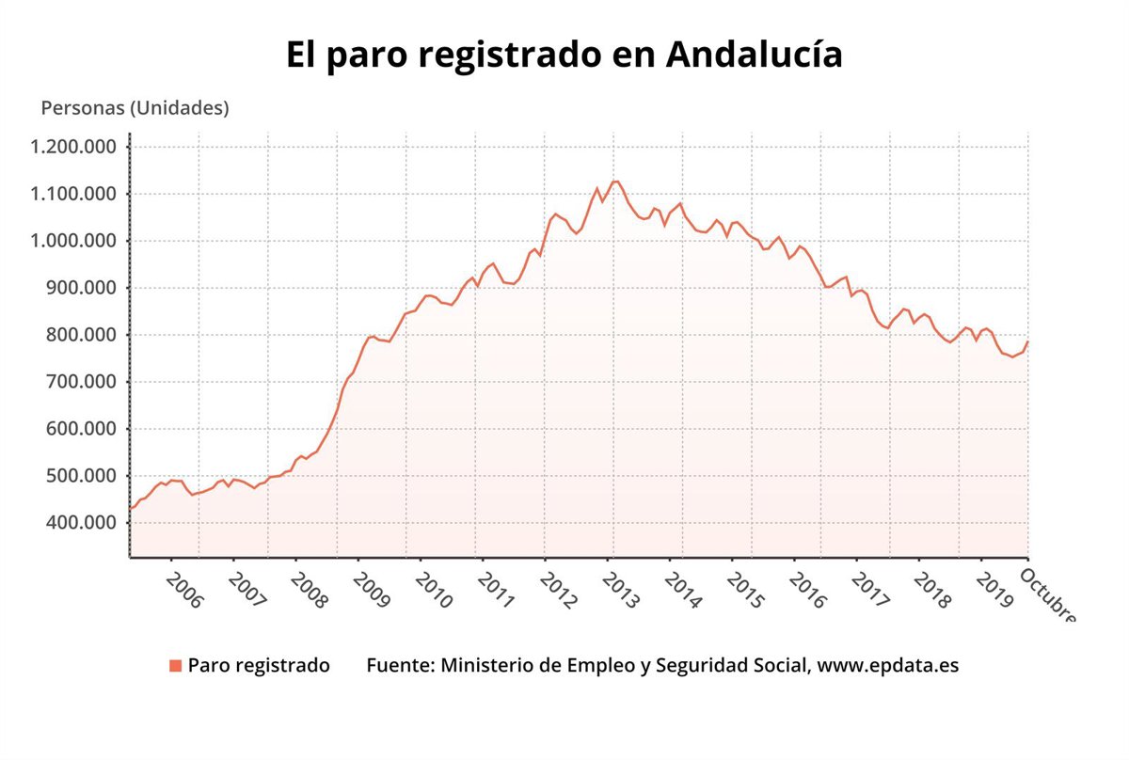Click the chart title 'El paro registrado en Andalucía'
(564, 55)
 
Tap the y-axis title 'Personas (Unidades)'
(135, 108)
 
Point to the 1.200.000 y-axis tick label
(73, 147)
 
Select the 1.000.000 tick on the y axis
(73, 241)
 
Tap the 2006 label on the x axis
(183, 589)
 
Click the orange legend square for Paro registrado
(175, 666)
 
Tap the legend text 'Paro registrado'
(259, 666)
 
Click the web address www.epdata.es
(888, 666)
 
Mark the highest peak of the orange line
(615, 181)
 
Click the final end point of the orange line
(1027, 341)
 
